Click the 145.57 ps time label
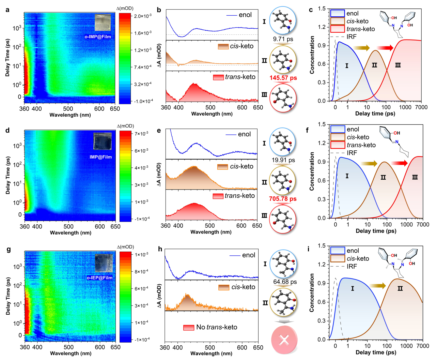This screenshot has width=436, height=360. click(x=283, y=78)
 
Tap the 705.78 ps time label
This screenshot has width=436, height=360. click(x=283, y=199)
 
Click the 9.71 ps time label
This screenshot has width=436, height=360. click(x=283, y=39)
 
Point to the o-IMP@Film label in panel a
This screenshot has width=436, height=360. click(x=98, y=37)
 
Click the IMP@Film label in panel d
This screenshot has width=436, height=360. click(x=100, y=157)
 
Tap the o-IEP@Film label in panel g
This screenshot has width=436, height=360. click(x=99, y=278)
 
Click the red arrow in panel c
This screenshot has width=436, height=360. click(x=385, y=48)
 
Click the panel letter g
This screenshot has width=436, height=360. click(x=8, y=250)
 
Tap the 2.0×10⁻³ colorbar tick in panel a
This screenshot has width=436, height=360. click(x=143, y=16)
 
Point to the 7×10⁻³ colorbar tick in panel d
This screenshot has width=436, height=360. click(x=141, y=134)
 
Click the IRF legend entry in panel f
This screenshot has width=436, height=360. click(x=352, y=153)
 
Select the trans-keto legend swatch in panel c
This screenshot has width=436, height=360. click(x=337, y=29)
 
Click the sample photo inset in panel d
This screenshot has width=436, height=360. click(x=102, y=141)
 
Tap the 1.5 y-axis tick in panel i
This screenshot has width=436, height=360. click(x=322, y=246)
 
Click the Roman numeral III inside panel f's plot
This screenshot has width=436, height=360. click(x=415, y=177)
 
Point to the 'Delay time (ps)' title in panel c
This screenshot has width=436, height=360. click(x=375, y=114)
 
